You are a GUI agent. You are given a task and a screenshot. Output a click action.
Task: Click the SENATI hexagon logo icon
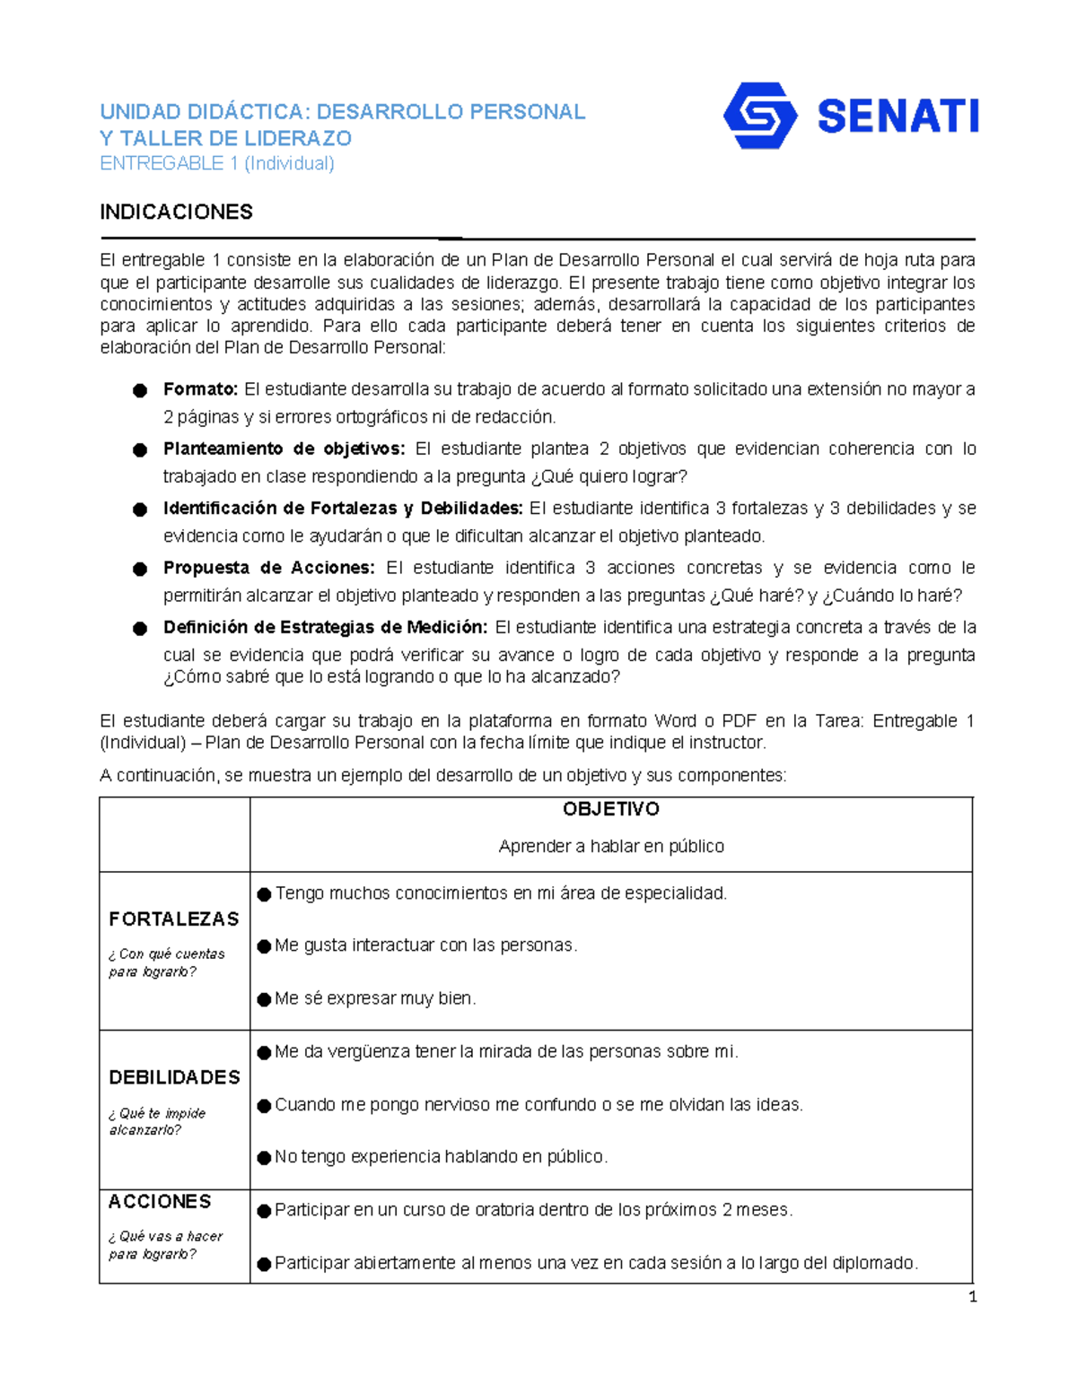point(759,116)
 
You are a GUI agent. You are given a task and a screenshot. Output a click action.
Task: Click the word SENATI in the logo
point(897,118)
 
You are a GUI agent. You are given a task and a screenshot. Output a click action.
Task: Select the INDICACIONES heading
point(176,213)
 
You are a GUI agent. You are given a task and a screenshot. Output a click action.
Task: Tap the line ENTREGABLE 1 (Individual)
point(216,163)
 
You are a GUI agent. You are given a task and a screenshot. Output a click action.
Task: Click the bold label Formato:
point(200,389)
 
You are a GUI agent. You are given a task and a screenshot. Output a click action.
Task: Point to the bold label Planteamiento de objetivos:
point(284,448)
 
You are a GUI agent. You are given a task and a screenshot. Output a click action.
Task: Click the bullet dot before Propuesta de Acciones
point(140,569)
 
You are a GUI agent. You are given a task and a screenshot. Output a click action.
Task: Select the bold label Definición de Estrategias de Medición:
point(325,627)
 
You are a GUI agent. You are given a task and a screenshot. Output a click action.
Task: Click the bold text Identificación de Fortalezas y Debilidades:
point(343,509)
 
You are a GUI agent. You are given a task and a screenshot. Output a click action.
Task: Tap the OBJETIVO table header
point(611,809)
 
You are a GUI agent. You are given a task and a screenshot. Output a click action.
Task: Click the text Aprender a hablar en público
point(611,846)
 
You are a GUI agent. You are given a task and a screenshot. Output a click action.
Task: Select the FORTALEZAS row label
point(174,919)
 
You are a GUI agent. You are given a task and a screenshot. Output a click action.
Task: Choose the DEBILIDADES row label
point(174,1077)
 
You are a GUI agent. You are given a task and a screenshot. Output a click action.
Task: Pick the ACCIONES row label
point(160,1202)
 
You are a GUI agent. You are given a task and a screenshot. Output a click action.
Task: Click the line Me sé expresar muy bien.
point(375,998)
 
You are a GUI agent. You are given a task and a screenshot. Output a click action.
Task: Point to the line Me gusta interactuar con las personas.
point(425,945)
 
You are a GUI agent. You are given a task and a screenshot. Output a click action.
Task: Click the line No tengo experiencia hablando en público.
point(441,1157)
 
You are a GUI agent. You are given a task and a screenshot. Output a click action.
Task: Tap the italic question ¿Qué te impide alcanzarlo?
point(157,1121)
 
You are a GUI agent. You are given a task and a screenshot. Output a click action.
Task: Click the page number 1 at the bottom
point(972,1296)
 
